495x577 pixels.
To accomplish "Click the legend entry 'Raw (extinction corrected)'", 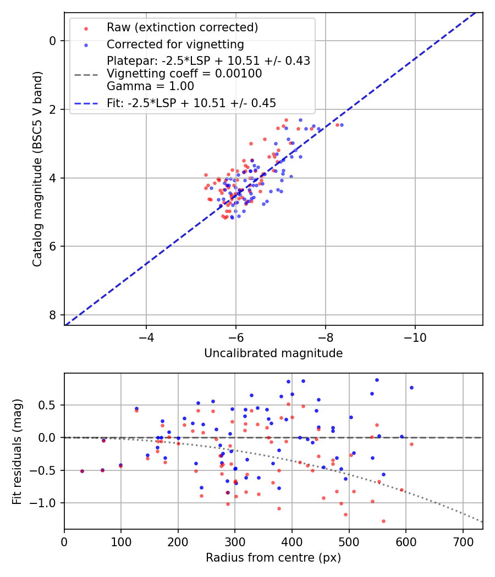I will click(x=182, y=27).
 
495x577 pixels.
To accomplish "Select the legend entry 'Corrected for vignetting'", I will click(x=175, y=44).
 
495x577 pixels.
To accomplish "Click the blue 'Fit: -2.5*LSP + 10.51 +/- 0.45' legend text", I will click(x=191, y=103).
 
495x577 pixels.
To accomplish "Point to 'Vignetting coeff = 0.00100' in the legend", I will click(x=184, y=74).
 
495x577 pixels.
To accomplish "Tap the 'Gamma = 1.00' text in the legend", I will click(x=150, y=86).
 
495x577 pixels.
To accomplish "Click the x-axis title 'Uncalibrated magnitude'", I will click(x=273, y=353).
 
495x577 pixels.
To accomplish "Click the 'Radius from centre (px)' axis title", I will click(x=273, y=558).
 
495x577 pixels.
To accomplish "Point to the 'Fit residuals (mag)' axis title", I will click(x=17, y=451).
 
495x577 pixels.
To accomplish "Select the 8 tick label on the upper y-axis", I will click(x=53, y=315).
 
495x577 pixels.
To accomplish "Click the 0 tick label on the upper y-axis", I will click(x=53, y=41).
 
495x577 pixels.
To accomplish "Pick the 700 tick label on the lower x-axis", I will click(x=463, y=541).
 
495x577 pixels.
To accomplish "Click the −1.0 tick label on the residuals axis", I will click(x=46, y=503).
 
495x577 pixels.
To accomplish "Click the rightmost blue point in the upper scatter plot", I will click(x=342, y=125).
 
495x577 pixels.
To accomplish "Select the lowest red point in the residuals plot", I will click(x=383, y=521).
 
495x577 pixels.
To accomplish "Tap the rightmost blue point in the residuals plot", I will click(x=411, y=387).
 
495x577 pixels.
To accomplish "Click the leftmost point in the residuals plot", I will click(x=82, y=471).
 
